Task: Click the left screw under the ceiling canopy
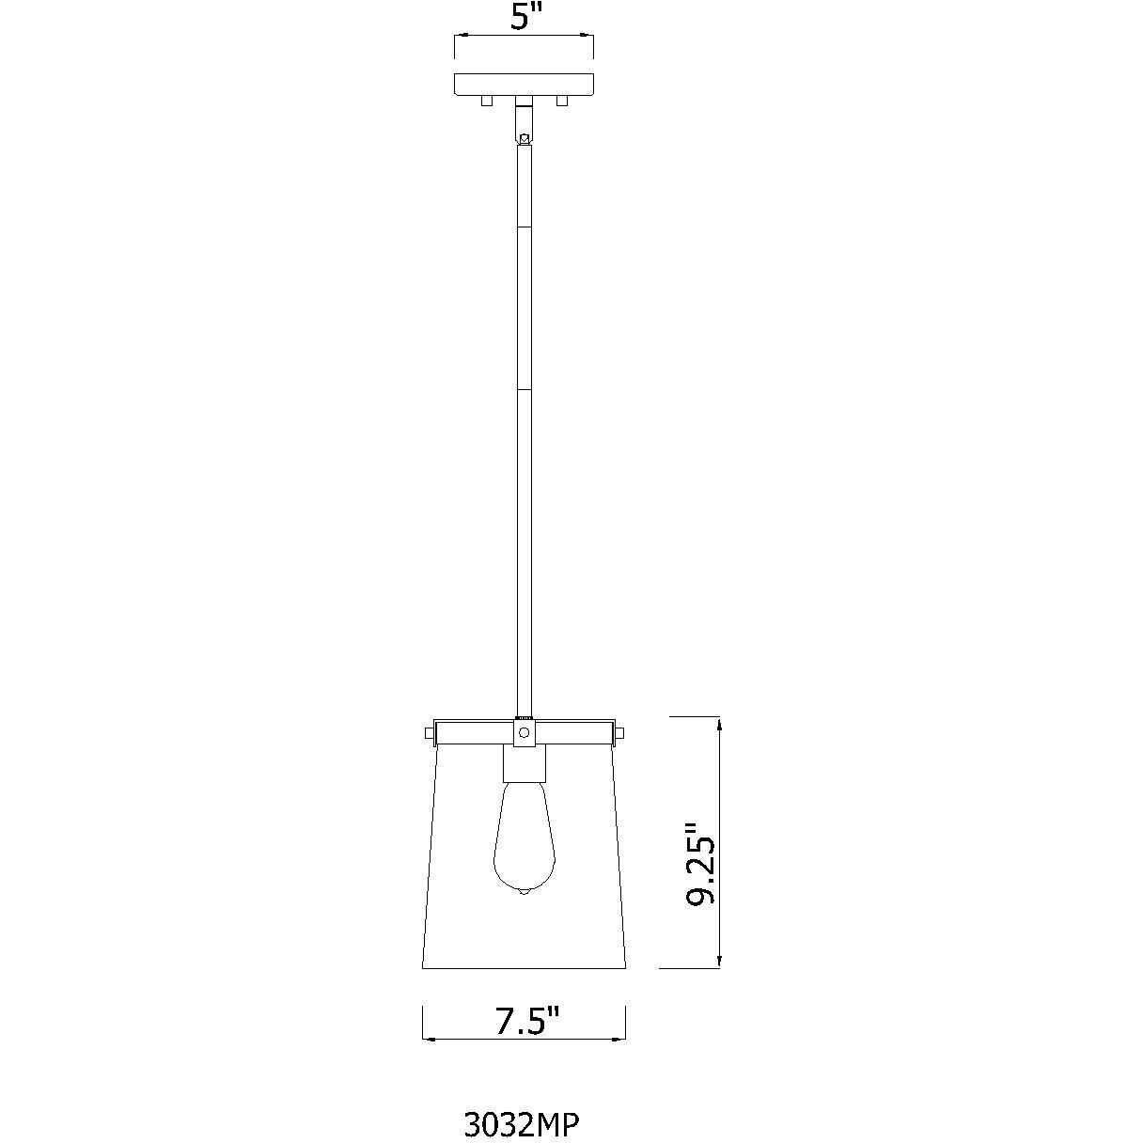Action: click(486, 101)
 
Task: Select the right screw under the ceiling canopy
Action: click(562, 101)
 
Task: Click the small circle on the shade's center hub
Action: click(525, 731)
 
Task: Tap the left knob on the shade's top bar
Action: click(429, 731)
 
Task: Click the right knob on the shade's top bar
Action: click(619, 731)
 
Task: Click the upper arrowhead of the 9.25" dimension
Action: click(719, 725)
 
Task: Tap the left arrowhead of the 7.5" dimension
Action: click(431, 1039)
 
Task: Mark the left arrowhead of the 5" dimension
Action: click(461, 37)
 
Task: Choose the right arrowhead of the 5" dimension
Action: click(588, 37)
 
